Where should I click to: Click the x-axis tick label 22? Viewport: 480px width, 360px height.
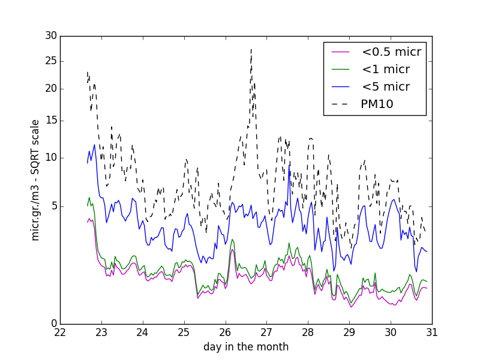[60, 332]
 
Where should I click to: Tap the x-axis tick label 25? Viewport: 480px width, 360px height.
[184, 332]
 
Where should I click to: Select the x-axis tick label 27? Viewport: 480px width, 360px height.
[266, 332]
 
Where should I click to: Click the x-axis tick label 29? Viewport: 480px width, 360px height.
[349, 332]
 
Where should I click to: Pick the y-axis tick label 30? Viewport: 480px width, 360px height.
[50, 36]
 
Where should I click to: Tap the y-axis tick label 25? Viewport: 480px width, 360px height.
[50, 61]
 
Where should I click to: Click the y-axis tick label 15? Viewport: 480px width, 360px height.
[50, 121]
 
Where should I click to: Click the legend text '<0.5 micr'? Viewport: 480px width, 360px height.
[391, 52]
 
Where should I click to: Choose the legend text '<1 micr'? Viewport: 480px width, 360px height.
[385, 70]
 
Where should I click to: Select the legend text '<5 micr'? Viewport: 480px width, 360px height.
[385, 87]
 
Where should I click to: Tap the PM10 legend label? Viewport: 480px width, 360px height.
[377, 104]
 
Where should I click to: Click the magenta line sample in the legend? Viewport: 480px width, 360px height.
[341, 52]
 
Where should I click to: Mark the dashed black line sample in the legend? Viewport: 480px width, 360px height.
[341, 104]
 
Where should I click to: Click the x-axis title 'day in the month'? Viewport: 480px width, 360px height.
[246, 347]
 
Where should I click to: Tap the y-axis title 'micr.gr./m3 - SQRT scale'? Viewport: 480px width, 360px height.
[35, 180]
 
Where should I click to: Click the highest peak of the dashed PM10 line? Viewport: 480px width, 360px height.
[251, 49]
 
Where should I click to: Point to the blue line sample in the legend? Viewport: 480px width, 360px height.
[341, 87]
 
